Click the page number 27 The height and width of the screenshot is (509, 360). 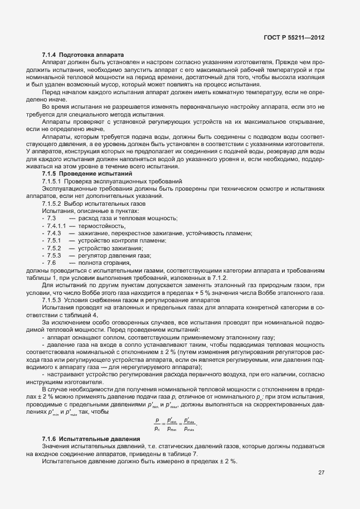click(x=321, y=472)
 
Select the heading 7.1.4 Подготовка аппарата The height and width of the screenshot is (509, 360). click(x=75, y=54)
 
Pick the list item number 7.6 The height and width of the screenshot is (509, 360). click(x=52, y=262)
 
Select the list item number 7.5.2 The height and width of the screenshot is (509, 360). click(x=54, y=248)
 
